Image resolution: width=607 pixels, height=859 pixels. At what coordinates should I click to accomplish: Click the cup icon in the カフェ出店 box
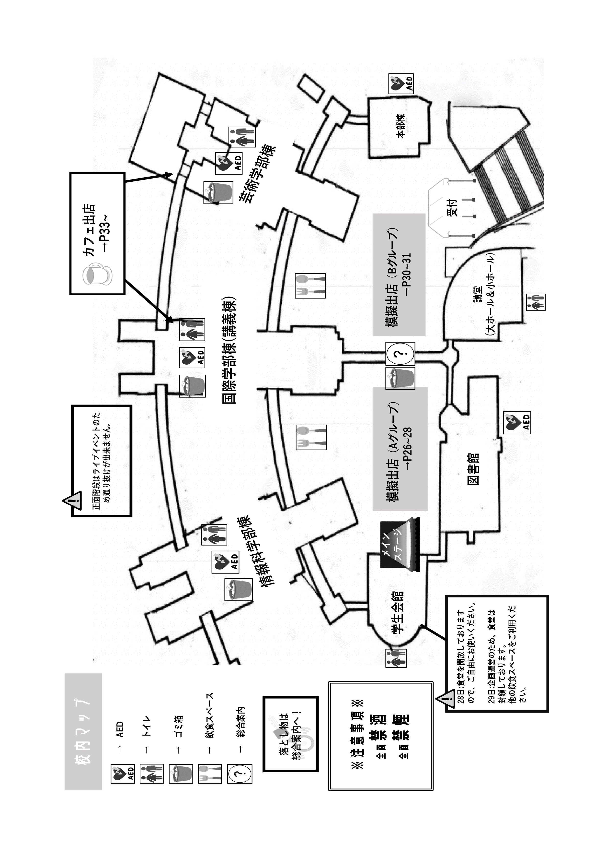click(x=97, y=275)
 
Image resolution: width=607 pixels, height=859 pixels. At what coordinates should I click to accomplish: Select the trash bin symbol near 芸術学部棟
click(x=218, y=193)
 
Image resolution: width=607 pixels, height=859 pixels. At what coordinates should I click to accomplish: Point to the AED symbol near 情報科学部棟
click(x=225, y=562)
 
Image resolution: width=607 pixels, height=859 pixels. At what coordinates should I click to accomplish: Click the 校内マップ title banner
click(x=83, y=732)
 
